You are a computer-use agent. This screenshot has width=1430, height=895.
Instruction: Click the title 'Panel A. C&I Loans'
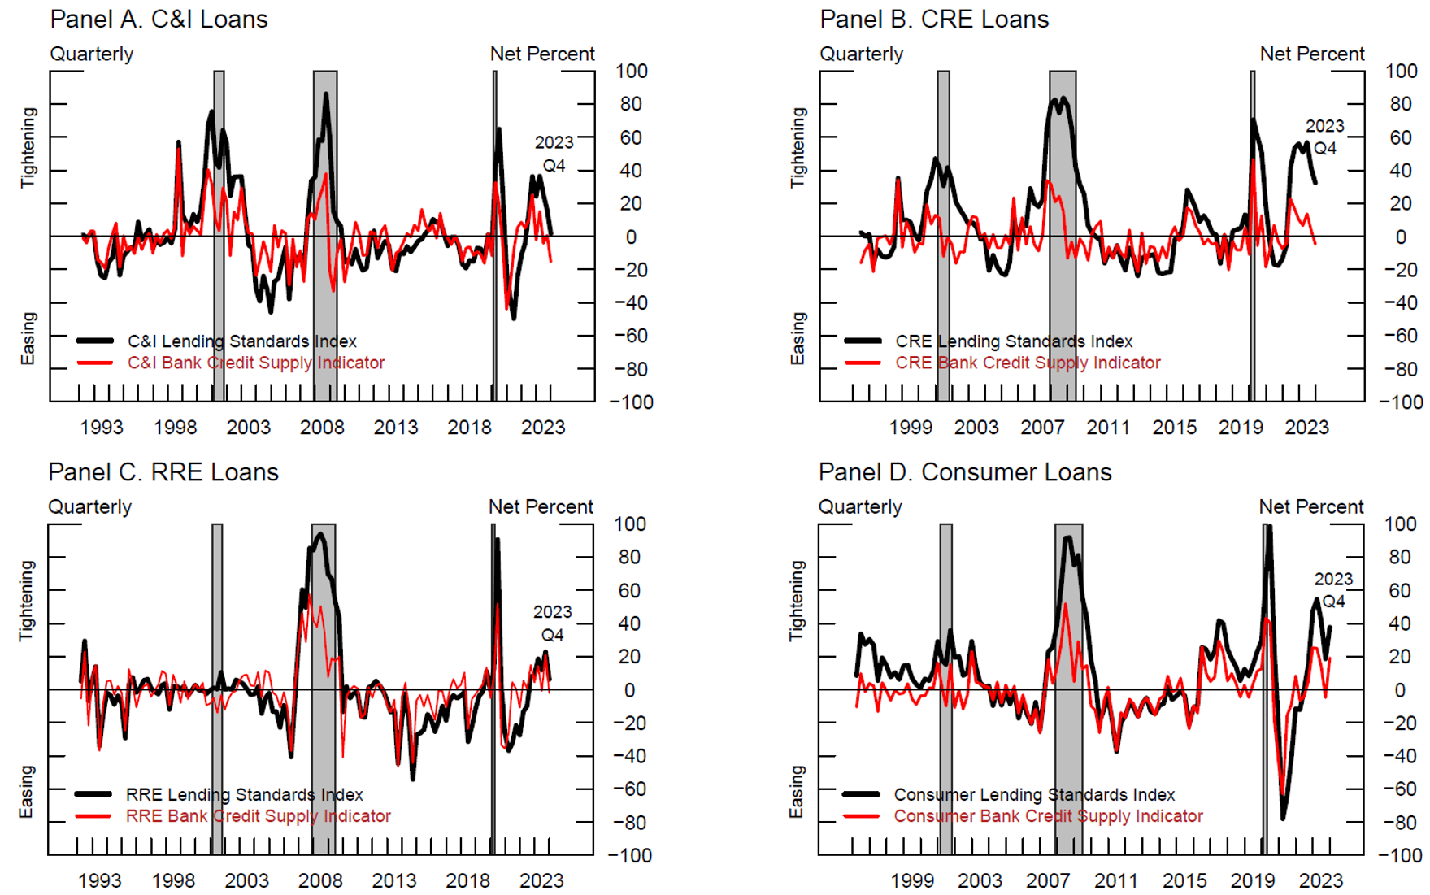coord(159,20)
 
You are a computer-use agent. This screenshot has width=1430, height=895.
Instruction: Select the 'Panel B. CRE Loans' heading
coord(933,20)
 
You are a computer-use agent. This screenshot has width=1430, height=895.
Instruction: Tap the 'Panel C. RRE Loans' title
coord(163,472)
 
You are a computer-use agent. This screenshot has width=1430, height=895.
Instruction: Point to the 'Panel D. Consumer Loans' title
coord(964,472)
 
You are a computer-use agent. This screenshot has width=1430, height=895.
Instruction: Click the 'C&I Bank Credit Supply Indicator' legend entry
coord(255,363)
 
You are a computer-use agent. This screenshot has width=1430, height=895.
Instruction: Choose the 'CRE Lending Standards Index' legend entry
coord(1013,341)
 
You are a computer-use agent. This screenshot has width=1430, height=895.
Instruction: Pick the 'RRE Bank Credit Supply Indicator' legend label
coord(258,816)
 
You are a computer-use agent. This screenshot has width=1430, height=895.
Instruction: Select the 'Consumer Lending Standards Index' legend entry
coord(1034,795)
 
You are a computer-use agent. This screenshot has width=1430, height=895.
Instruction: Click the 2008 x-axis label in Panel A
coord(322,428)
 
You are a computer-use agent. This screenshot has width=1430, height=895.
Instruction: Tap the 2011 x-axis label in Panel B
coord(1108,428)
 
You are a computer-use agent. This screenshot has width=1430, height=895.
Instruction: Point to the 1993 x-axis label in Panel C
coord(99,880)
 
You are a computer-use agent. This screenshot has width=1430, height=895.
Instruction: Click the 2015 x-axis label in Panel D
coord(1184,880)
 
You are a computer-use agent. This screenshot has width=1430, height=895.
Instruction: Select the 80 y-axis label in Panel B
coord(1401,104)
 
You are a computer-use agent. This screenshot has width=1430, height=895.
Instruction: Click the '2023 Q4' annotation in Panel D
coord(1333,590)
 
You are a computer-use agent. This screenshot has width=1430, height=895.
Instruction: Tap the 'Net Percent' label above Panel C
coord(541,507)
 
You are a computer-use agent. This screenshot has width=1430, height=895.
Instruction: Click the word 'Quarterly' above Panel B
coord(861,54)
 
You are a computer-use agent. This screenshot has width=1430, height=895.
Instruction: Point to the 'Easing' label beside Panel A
coord(28,338)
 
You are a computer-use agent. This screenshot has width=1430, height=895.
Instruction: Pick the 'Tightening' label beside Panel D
coord(797,601)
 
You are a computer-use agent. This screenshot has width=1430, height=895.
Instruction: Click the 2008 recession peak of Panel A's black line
coord(326,93)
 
